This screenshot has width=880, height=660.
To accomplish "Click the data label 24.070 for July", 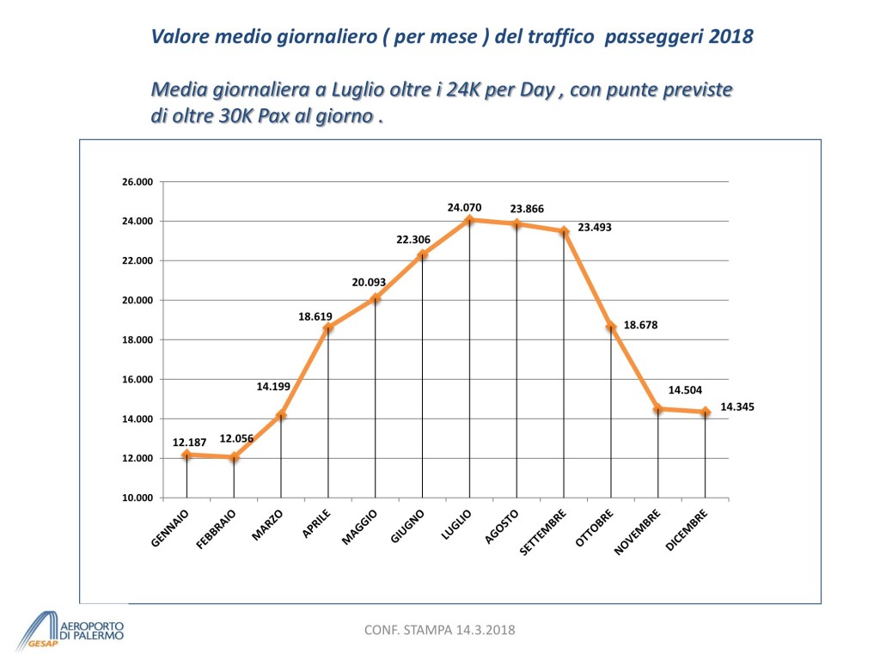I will pos(464,207).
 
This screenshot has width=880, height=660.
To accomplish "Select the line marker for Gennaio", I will pos(186,454).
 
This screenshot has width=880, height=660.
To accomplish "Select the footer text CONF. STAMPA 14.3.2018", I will pos(440,631).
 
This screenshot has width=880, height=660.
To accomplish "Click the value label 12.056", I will pos(235,438).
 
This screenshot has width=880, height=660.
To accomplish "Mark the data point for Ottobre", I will pos(611,327).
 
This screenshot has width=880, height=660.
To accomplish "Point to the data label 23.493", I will pos(594,228).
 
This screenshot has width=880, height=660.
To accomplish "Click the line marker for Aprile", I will pos(328,327).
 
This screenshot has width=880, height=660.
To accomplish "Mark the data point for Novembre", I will pos(658,409).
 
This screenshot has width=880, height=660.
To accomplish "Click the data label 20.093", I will pos(370,283).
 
